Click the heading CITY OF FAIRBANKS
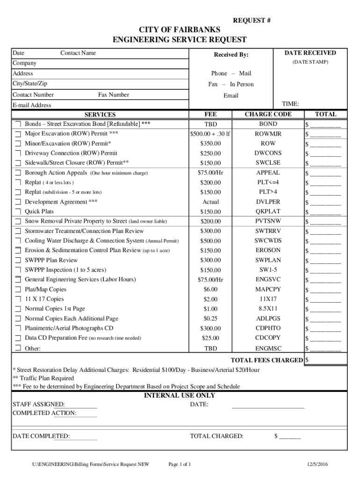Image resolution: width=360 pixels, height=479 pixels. tap(180, 30)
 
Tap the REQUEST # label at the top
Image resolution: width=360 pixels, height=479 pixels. tap(252, 21)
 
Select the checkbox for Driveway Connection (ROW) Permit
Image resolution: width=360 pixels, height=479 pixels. tap(18, 153)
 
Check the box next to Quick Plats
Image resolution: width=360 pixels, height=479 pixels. tap(18, 212)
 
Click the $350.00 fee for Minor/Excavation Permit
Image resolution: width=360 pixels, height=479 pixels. tap(210, 144)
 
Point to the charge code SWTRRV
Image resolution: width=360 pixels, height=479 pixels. tap(268, 231)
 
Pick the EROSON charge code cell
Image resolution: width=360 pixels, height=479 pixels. tap(268, 250)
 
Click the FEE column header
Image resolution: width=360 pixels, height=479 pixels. tap(210, 114)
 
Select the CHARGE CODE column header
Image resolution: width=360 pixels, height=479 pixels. tap(268, 114)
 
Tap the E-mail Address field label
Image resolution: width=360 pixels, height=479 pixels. tap(32, 105)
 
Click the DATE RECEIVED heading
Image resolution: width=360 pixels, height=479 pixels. tap(310, 53)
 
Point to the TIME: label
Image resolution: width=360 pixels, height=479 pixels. tap(290, 104)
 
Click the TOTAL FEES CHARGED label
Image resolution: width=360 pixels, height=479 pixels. tap(266, 360)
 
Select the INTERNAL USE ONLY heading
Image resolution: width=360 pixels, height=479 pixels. tap(180, 396)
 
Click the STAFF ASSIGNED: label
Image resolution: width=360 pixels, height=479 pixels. tap(38, 405)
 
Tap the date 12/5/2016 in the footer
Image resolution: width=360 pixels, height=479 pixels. tap(317, 464)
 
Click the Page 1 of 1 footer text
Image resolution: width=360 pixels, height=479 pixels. tap(180, 464)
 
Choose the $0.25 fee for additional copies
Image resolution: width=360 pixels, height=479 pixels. tap(210, 319)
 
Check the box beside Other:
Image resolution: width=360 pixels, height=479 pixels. tap(18, 348)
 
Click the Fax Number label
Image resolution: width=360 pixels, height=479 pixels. tap(114, 95)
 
